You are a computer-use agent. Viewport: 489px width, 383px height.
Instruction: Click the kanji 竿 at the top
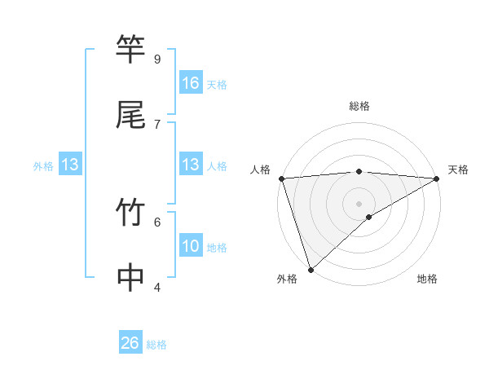pyautogui.click(x=130, y=50)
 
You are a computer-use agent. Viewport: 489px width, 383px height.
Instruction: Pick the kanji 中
pyautogui.click(x=130, y=278)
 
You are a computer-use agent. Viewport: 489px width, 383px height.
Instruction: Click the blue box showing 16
pyautogui.click(x=191, y=82)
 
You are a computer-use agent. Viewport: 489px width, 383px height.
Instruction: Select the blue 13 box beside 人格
pyautogui.click(x=191, y=165)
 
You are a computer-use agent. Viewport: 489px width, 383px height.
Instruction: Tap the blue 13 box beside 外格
pyautogui.click(x=70, y=165)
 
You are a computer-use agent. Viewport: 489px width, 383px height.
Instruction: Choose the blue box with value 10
pyautogui.click(x=191, y=246)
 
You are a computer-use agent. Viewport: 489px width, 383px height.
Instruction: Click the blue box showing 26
pyautogui.click(x=130, y=343)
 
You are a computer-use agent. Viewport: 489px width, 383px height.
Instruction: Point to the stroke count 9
pyautogui.click(x=156, y=59)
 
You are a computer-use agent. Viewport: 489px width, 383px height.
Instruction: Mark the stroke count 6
pyautogui.click(x=156, y=221)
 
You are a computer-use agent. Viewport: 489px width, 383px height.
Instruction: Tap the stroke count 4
pyautogui.click(x=156, y=287)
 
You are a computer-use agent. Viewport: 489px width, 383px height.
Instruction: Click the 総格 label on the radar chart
pyautogui.click(x=359, y=106)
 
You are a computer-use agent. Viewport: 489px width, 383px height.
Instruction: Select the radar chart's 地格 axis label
pyautogui.click(x=427, y=280)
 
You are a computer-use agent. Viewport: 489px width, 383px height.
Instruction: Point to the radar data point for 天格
pyautogui.click(x=437, y=178)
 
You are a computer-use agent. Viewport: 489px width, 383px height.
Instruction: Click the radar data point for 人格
pyautogui.click(x=281, y=178)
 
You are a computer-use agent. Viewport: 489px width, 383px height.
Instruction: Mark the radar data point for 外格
pyautogui.click(x=311, y=269)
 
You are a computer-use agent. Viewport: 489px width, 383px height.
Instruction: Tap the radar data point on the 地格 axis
pyautogui.click(x=369, y=217)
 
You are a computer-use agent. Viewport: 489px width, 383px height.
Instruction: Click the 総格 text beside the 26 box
pyautogui.click(x=156, y=345)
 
